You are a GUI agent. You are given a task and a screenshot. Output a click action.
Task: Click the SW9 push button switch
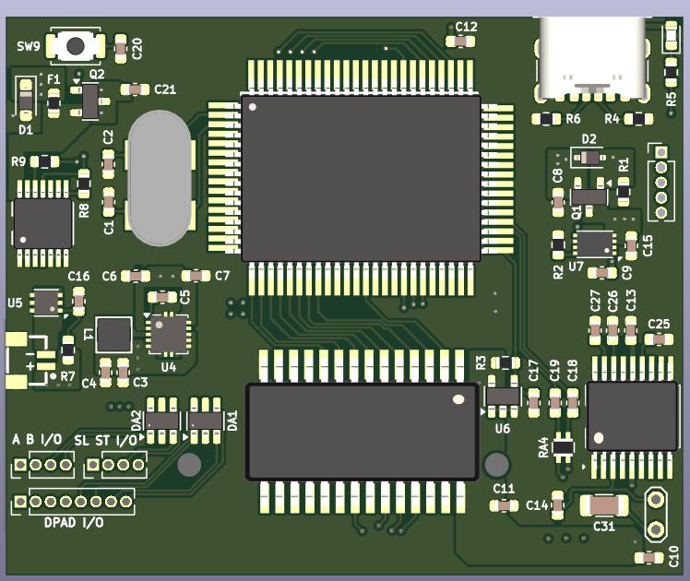[x=77, y=44]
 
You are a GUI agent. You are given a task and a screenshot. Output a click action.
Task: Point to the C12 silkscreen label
[x=466, y=27]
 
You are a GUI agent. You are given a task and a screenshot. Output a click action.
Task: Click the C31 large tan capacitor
[x=605, y=505]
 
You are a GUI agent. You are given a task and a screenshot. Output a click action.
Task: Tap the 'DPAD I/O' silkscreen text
[x=74, y=523]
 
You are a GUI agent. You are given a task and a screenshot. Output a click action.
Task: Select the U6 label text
[x=502, y=429]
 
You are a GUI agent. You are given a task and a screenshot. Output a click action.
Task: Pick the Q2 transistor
[x=90, y=101]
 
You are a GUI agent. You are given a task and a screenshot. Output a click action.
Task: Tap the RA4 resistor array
[x=563, y=447]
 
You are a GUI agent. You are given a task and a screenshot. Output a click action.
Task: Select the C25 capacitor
[x=659, y=338]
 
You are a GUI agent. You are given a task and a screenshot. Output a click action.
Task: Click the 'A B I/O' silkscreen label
[x=37, y=440]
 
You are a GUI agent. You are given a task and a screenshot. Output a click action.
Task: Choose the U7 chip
[x=594, y=244]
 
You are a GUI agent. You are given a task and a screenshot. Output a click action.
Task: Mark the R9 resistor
[x=43, y=162]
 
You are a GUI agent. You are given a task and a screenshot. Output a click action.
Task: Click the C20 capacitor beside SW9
[x=121, y=46]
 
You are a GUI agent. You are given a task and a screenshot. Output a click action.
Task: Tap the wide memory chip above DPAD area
[x=362, y=431]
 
